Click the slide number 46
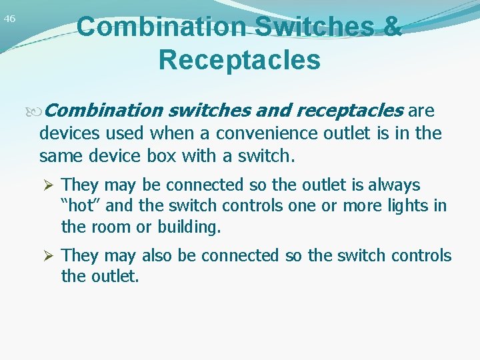pyautogui.click(x=9, y=19)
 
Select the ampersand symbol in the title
pyautogui.click(x=393, y=27)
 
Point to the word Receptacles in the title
pyautogui.click(x=239, y=59)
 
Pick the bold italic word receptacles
pyautogui.click(x=349, y=109)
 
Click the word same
pyautogui.click(x=59, y=157)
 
